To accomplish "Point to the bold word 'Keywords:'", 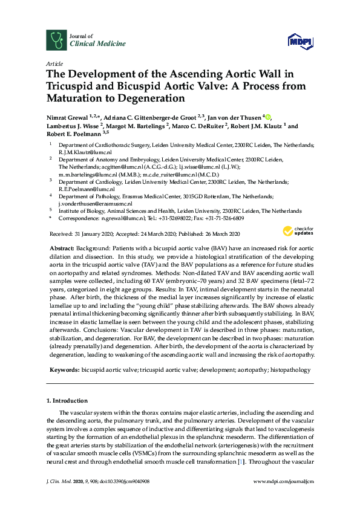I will click(x=64, y=369).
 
